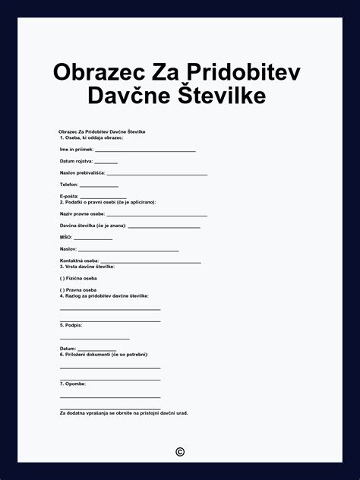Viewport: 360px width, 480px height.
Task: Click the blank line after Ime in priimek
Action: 145,151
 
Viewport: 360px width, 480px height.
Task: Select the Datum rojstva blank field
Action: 106,163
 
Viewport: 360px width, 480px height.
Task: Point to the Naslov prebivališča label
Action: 82,173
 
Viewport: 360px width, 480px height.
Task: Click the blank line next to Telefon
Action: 99,186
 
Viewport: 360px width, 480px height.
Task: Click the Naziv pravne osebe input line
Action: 156,216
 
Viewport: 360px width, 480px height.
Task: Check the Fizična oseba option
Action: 62,278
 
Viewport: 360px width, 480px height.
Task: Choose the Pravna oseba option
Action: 62,290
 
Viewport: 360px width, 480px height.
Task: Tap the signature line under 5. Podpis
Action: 94,338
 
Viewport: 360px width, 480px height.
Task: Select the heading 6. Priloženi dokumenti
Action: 104,355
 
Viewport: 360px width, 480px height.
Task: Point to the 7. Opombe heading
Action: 73,384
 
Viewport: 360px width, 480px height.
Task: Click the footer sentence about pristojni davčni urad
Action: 124,413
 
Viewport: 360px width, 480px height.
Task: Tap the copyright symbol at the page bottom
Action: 180,452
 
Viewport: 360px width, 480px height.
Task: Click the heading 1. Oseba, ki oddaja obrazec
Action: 91,137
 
